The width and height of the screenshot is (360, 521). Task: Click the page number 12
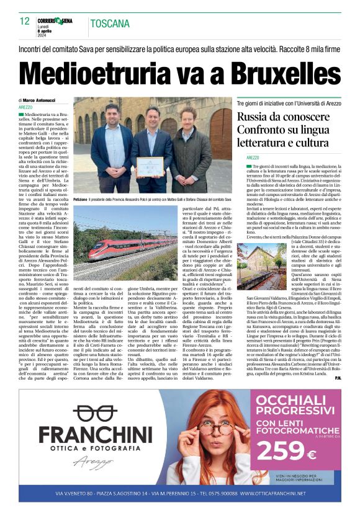click(x=25, y=21)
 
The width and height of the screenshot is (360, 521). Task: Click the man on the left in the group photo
click(x=112, y=146)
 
